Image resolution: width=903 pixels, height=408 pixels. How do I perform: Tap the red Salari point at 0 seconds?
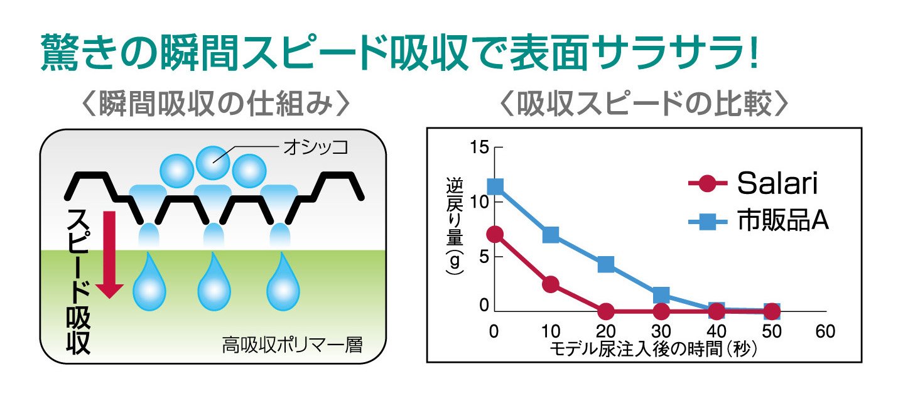pos(495,235)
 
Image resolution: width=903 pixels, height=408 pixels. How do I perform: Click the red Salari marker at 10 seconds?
pos(551,284)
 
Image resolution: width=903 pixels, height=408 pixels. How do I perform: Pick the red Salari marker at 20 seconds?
pos(606,311)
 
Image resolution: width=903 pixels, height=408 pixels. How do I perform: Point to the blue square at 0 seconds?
pos(495,186)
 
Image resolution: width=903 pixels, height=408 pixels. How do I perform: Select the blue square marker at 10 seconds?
pos(551,235)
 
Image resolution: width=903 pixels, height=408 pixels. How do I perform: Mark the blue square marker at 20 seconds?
pos(606,264)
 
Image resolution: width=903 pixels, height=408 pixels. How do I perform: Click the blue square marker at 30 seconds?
pos(661,295)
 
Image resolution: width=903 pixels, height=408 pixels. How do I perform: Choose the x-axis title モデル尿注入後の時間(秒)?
pos(653,348)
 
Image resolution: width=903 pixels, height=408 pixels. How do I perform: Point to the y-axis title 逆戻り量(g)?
pos(454,226)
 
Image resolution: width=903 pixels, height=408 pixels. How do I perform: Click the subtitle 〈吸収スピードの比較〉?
pos(643,105)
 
